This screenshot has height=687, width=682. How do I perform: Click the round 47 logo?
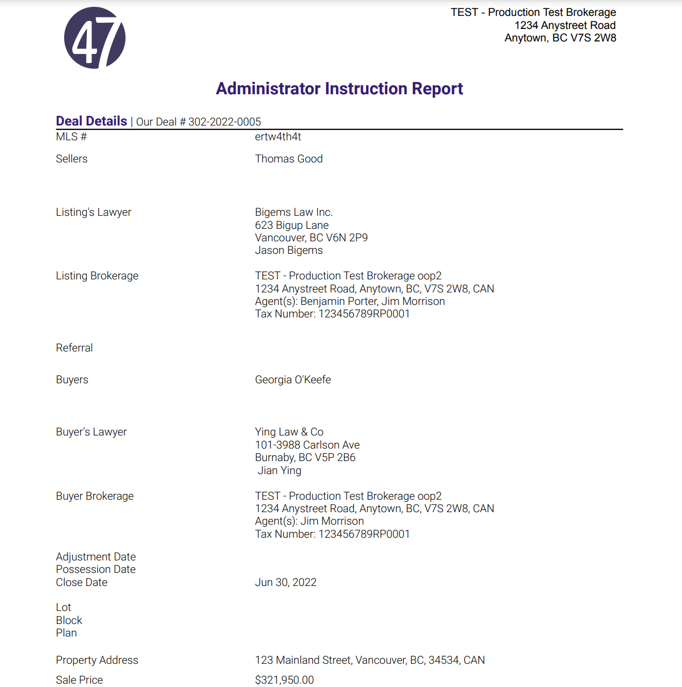(x=95, y=38)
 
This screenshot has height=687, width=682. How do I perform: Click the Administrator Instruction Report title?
(x=339, y=89)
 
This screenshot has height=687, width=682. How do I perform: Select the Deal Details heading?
(x=91, y=121)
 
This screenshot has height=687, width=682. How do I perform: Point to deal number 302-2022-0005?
(x=224, y=122)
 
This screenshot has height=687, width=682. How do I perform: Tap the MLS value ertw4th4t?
(x=278, y=137)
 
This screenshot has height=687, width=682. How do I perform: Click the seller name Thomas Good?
(x=288, y=159)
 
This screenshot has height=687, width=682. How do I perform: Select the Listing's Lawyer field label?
(x=93, y=212)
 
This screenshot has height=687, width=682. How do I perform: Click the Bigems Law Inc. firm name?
(x=294, y=212)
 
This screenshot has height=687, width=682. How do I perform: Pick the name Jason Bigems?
(x=288, y=250)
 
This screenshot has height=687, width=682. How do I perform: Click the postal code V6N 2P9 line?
(x=311, y=238)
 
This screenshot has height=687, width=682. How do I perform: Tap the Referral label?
(x=74, y=348)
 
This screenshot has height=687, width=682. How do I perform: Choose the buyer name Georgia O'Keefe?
(x=292, y=380)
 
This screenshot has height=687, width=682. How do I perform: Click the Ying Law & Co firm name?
(x=289, y=432)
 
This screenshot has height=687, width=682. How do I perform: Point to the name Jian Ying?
(x=279, y=471)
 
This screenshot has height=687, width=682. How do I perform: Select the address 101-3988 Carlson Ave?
(x=307, y=445)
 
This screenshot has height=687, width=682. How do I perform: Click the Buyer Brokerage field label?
(x=94, y=496)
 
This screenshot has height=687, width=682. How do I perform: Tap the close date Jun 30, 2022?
(x=286, y=583)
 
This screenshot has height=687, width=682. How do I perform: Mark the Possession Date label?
(x=95, y=569)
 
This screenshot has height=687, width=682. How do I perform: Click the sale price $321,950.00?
(x=284, y=680)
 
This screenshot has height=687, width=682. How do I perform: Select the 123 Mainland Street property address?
(x=370, y=660)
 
